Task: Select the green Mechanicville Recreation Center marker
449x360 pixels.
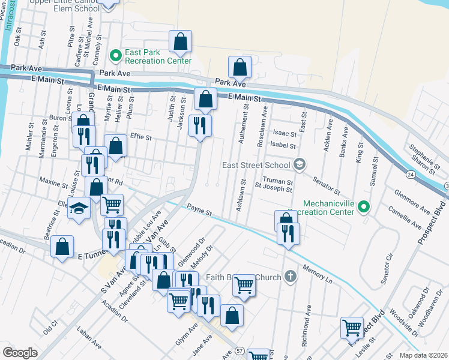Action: coord(363,208)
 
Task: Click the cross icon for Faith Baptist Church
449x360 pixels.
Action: coord(290,277)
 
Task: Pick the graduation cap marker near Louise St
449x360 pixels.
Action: coord(79,209)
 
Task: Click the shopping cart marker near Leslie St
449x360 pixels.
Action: coord(352,328)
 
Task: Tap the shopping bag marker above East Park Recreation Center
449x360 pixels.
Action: coord(180,41)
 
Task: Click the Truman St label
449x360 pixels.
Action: coord(280,182)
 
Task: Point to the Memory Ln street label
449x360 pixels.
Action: coord(317,273)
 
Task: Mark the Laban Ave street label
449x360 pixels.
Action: coord(89,337)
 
